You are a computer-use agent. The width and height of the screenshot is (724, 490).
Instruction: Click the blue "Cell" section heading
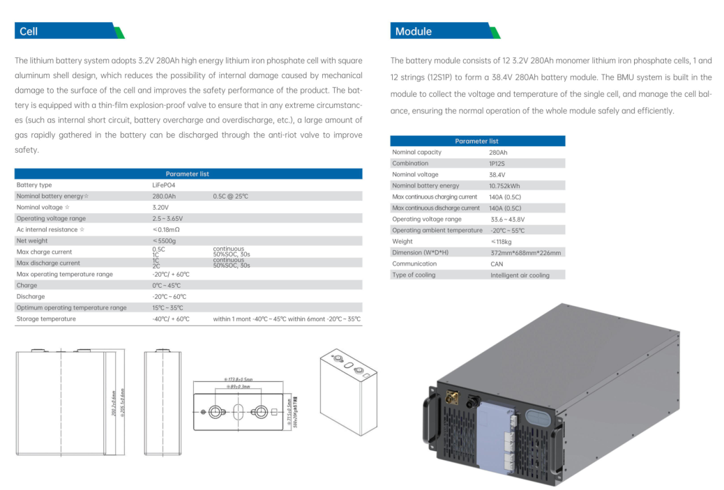click(x=29, y=31)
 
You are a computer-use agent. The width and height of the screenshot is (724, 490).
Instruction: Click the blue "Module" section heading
click(x=414, y=31)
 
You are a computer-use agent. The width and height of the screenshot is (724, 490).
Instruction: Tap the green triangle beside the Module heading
click(x=495, y=33)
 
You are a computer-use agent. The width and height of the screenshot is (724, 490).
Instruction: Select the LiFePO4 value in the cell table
click(x=164, y=185)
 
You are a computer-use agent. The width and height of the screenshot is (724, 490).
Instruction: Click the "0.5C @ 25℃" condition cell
click(x=231, y=197)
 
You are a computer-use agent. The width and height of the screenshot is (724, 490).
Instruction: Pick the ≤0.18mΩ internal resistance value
click(x=166, y=229)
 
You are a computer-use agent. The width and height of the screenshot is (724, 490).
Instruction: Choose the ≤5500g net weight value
click(x=164, y=240)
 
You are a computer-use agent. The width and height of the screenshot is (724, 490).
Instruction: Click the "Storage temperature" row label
click(x=46, y=319)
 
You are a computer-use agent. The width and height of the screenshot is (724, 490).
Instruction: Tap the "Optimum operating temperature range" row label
click(x=71, y=307)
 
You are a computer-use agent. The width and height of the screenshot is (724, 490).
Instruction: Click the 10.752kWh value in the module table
click(x=504, y=185)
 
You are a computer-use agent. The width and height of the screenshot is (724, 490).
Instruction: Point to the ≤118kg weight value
click(x=501, y=241)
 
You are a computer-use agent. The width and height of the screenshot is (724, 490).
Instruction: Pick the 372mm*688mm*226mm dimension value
click(x=526, y=252)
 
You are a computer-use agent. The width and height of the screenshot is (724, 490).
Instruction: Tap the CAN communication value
click(x=497, y=263)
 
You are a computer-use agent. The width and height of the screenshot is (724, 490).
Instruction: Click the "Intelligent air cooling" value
click(x=520, y=275)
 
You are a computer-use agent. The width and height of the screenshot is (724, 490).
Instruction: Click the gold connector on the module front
click(x=451, y=397)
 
